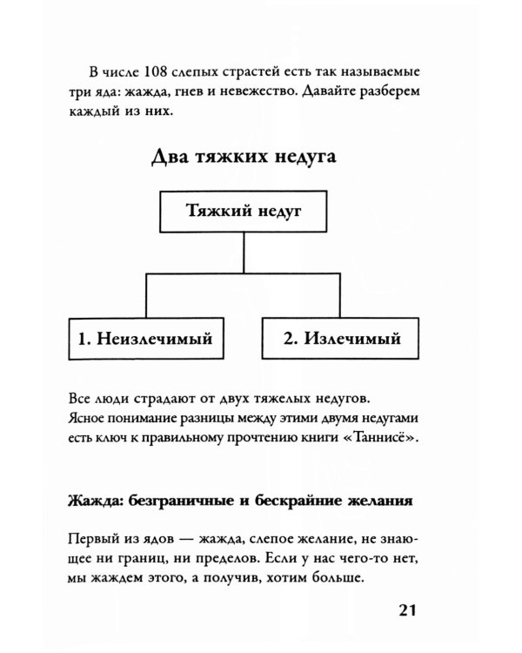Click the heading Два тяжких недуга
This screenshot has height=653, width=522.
pyautogui.click(x=244, y=158)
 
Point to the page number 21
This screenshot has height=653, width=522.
pyautogui.click(x=409, y=611)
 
